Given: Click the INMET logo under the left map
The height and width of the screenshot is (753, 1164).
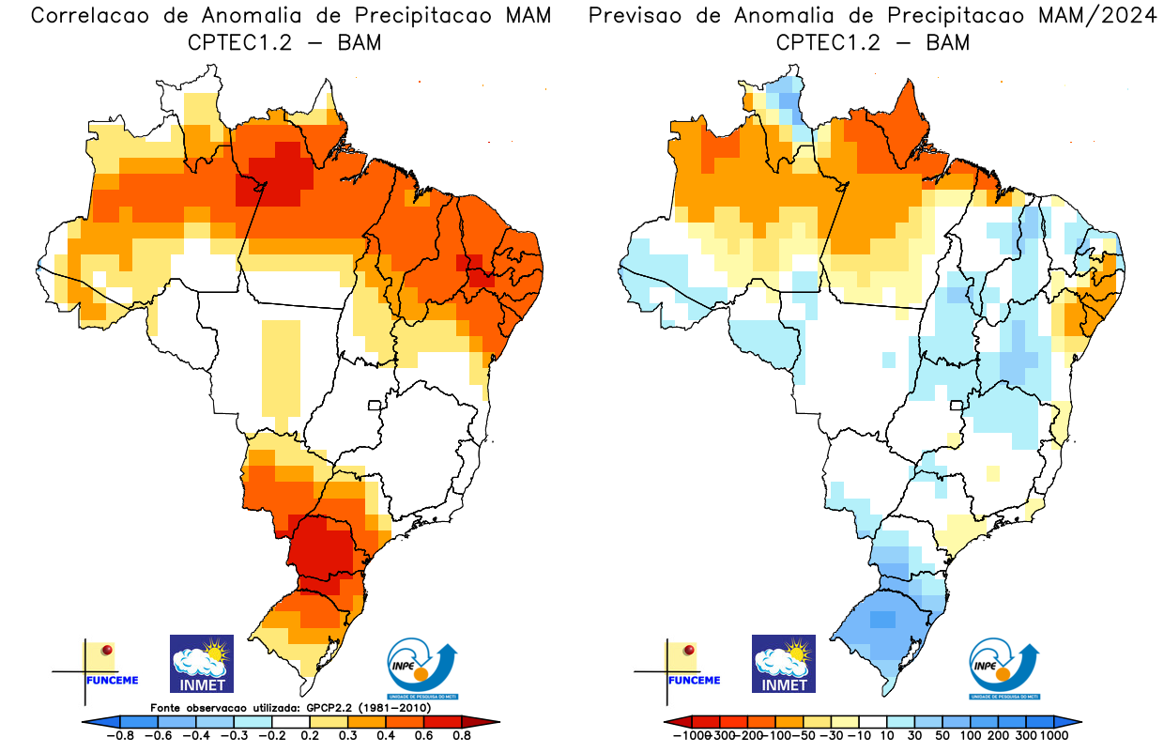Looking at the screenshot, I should [x=202, y=663].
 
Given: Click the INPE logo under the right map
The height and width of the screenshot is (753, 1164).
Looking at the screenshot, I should [x=1003, y=668].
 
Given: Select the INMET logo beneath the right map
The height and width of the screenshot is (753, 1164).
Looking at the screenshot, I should [x=784, y=663].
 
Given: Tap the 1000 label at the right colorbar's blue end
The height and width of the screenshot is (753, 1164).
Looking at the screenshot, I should [x=1053, y=735].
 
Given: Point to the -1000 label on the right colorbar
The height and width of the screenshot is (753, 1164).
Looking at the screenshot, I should [x=690, y=735].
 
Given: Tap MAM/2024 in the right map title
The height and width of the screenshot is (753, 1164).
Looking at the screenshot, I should [x=1101, y=16].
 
